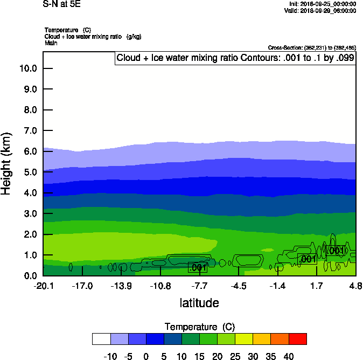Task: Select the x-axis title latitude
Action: click(199, 303)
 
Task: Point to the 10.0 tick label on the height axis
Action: click(27, 68)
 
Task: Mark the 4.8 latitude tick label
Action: click(355, 285)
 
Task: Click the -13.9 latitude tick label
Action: click(121, 285)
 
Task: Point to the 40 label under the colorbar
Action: click(289, 356)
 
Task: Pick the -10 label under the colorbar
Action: click(109, 356)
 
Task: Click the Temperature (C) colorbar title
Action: click(199, 327)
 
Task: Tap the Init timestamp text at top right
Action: click(322, 4)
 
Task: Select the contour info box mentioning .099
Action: click(235, 58)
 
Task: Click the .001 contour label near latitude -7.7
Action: click(198, 267)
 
